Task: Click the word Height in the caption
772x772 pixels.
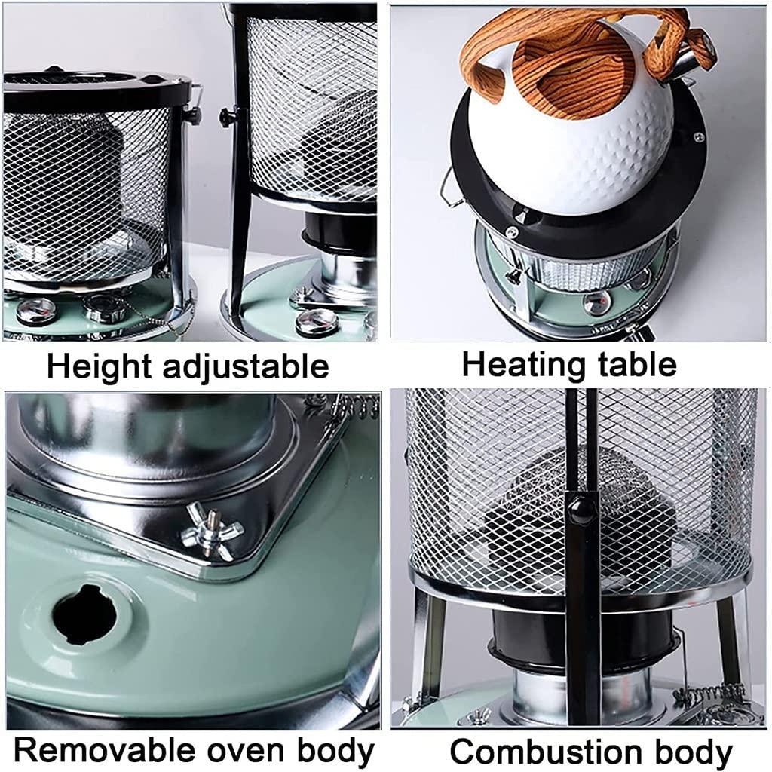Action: [x=99, y=368]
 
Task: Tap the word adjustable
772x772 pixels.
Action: [x=245, y=368]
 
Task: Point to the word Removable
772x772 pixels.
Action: [x=104, y=750]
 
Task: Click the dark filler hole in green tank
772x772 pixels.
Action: [x=84, y=615]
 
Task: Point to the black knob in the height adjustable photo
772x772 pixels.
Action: [x=226, y=117]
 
